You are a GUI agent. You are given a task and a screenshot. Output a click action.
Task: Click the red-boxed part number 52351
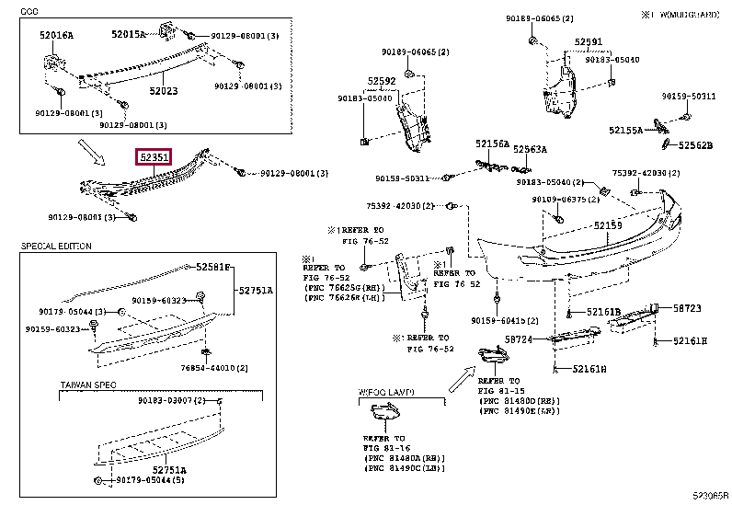(154, 158)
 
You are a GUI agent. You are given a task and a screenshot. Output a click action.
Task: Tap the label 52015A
(129, 34)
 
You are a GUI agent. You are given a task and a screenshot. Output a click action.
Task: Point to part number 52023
(164, 91)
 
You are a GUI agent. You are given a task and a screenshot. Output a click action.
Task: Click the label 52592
(382, 81)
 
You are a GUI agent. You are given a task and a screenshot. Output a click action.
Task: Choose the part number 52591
(589, 41)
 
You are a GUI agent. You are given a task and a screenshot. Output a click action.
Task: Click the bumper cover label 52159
(607, 225)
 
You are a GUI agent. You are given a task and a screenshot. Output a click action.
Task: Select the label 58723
(686, 308)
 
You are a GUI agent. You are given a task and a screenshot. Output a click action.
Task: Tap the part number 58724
(519, 339)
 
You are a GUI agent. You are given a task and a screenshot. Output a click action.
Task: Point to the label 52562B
(696, 145)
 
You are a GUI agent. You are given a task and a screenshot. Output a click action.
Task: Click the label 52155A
(625, 132)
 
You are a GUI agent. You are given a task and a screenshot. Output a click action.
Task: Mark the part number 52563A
(531, 149)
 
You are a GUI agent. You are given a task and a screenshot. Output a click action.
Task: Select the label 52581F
(214, 268)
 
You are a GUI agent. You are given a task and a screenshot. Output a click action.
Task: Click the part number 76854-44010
(216, 368)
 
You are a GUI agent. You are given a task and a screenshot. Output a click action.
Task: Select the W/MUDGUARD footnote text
(685, 16)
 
